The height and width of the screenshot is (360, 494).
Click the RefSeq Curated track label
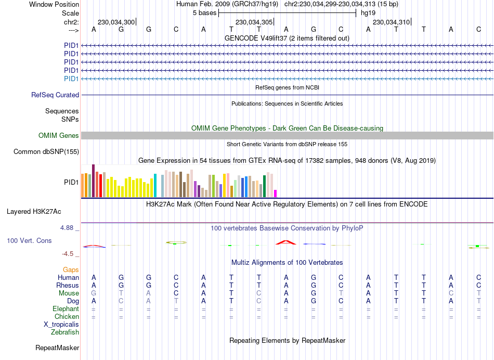point(55,95)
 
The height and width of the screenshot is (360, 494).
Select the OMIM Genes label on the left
point(59,136)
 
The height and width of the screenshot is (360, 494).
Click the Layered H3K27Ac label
point(34,212)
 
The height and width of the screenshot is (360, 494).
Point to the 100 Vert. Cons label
point(29,241)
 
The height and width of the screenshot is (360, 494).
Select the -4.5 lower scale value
point(70,254)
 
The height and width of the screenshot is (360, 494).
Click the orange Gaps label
point(71,269)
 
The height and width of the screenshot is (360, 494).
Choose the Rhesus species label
point(68,285)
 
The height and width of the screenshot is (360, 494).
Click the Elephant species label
point(66,308)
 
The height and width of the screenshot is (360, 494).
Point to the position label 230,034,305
point(254,22)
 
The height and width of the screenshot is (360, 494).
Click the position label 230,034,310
point(391,22)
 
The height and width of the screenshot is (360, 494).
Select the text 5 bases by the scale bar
point(204,12)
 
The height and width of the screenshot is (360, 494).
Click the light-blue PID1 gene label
point(71,79)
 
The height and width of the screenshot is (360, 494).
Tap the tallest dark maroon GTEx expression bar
point(93,181)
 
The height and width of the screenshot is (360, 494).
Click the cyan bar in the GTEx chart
point(155,186)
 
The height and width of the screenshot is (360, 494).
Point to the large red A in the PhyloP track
point(285,242)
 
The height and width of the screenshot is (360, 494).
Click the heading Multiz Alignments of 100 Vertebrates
point(287,262)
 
